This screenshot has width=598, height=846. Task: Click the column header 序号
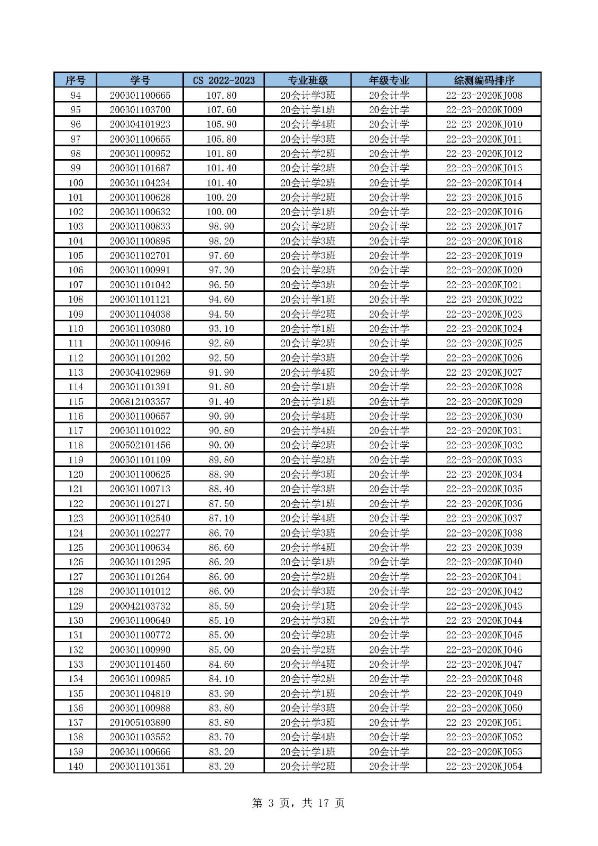pyautogui.click(x=75, y=80)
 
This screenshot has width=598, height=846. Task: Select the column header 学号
pyautogui.click(x=140, y=80)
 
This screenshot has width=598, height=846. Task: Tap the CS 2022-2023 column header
pyautogui.click(x=223, y=80)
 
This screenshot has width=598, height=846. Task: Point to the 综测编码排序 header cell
pyautogui.click(x=484, y=80)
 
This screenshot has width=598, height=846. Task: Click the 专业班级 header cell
pyautogui.click(x=307, y=80)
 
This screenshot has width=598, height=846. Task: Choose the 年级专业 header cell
pyautogui.click(x=389, y=80)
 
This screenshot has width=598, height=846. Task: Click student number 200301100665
pyautogui.click(x=140, y=95)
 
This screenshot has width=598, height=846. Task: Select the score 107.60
pyautogui.click(x=222, y=110)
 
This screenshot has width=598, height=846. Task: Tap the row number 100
pyautogui.click(x=76, y=183)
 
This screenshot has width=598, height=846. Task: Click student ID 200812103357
pyautogui.click(x=140, y=402)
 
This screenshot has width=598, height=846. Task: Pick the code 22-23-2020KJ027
pyautogui.click(x=484, y=372)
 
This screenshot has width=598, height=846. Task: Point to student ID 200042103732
pyautogui.click(x=140, y=606)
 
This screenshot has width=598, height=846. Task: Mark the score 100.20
pyautogui.click(x=222, y=197)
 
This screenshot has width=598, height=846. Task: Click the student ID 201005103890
pyautogui.click(x=140, y=723)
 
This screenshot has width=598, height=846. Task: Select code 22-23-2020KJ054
pyautogui.click(x=484, y=766)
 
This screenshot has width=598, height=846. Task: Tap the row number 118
pyautogui.click(x=76, y=445)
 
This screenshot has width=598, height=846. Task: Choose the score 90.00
pyautogui.click(x=222, y=445)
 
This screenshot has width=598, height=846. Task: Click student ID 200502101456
pyautogui.click(x=140, y=445)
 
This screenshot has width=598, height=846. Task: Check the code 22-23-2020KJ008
pyautogui.click(x=484, y=95)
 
